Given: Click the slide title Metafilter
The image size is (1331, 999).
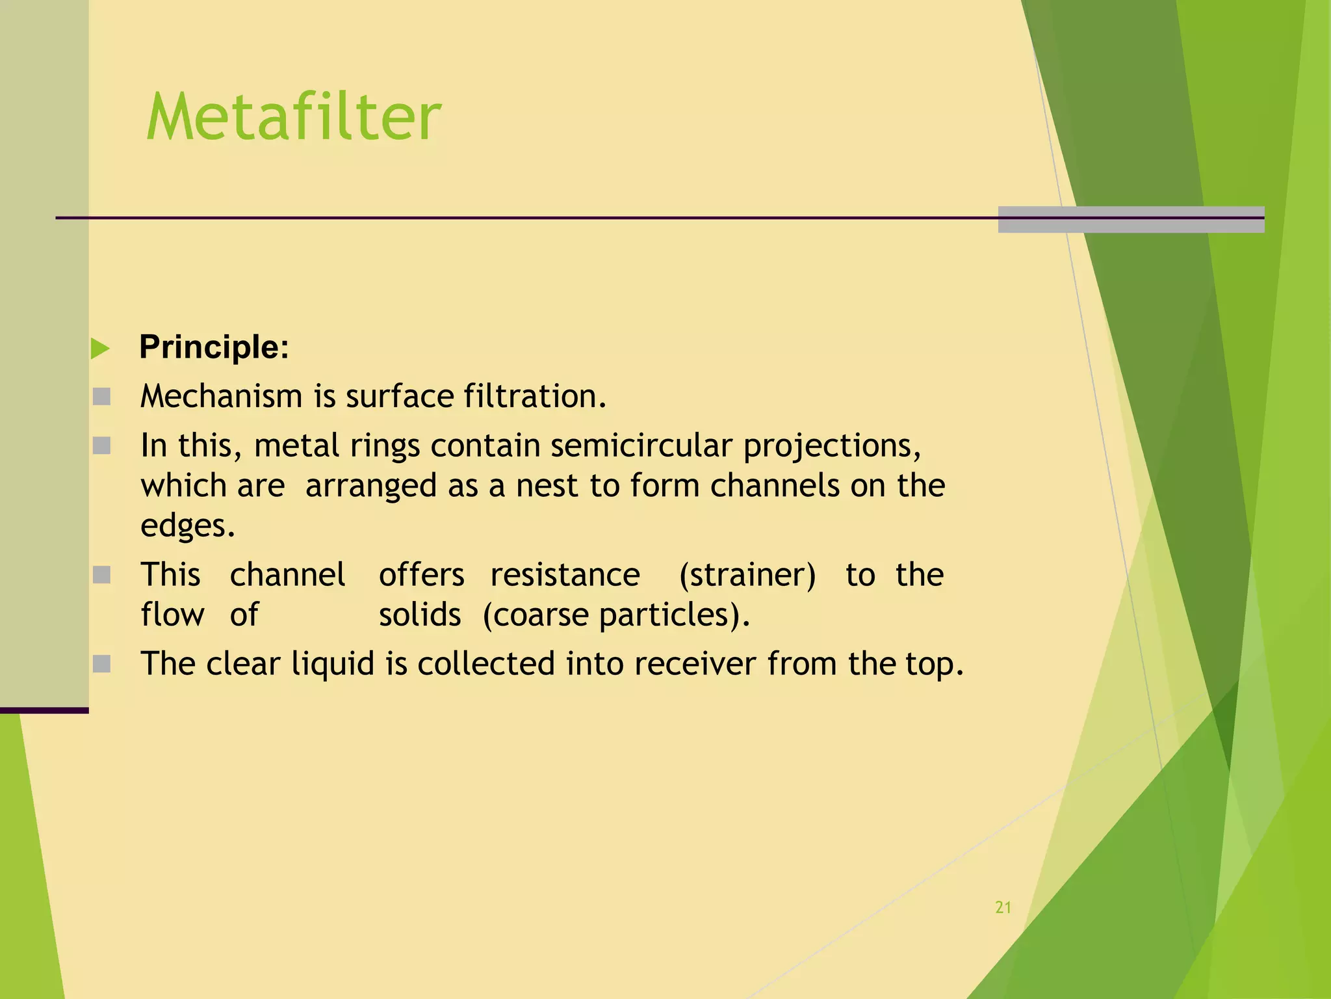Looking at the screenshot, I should point(294,117).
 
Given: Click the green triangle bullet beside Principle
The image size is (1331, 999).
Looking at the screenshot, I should point(100,349).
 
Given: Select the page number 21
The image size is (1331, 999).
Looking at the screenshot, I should point(1003,908).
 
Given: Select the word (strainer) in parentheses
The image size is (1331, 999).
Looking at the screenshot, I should point(747,575).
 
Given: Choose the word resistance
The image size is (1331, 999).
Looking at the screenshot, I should point(565,575).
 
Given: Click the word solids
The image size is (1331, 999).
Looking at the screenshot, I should point(420,615).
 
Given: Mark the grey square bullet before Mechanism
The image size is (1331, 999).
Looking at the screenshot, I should point(101,396).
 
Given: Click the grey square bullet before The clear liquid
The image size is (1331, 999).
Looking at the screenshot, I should point(101,664).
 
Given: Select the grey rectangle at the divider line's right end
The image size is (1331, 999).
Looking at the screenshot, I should point(1131,219).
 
